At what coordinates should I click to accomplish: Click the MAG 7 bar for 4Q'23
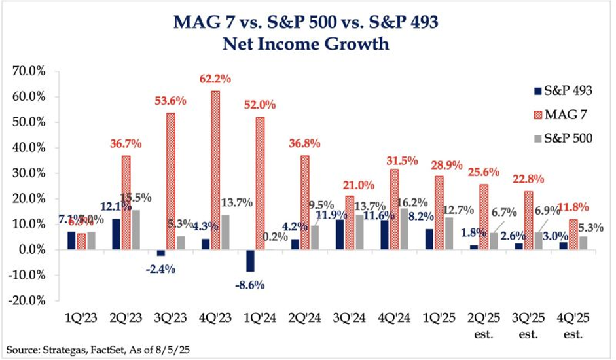(x=215, y=170)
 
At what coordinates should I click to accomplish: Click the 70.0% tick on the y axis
(x=25, y=71)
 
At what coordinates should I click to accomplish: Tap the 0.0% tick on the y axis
(x=27, y=250)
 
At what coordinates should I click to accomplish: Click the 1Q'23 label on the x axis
(x=81, y=320)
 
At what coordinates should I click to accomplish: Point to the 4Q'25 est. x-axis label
(x=573, y=326)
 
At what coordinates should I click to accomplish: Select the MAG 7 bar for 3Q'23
(x=170, y=181)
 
